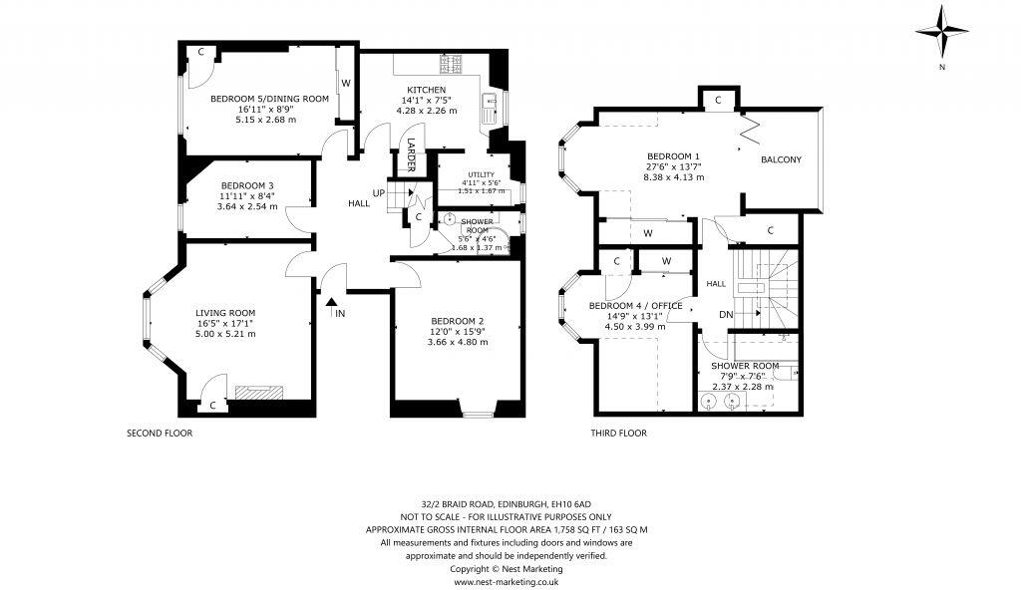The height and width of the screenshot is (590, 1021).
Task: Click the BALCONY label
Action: coord(781,159)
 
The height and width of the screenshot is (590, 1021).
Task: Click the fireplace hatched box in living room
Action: coord(257,393)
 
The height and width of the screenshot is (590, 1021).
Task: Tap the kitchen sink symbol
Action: coord(490,104)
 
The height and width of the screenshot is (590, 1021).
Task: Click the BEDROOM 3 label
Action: coord(247,185)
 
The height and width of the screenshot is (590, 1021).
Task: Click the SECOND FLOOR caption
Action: coord(159,434)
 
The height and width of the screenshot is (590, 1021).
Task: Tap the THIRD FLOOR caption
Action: coord(618,434)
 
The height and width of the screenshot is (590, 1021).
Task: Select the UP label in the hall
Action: coord(378,192)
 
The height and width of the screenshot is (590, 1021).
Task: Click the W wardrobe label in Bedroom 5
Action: coord(346,82)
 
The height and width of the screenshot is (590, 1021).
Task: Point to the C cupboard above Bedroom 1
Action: coord(718,100)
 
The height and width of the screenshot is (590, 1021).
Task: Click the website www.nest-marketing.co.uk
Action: coord(507,580)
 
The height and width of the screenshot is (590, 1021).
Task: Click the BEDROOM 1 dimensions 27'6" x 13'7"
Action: coord(675,167)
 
